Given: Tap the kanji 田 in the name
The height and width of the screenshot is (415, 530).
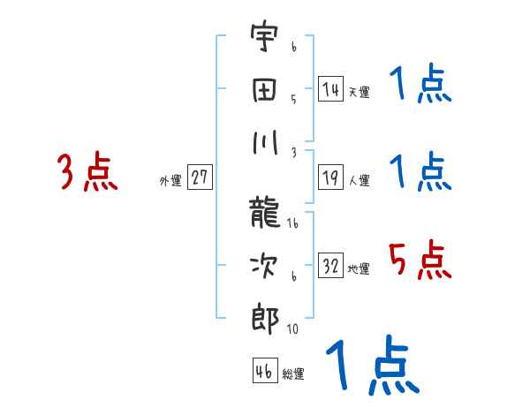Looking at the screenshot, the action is (x=263, y=90).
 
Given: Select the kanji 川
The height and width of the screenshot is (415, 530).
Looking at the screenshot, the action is (x=263, y=141).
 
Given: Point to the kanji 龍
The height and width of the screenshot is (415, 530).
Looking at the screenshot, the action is (x=263, y=213).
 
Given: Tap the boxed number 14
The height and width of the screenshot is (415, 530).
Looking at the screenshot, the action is (x=330, y=89).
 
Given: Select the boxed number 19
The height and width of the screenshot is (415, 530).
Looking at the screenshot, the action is (x=330, y=177).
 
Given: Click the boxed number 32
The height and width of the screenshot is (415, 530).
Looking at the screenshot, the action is (x=330, y=266).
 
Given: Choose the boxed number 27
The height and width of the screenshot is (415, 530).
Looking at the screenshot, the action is (x=200, y=177).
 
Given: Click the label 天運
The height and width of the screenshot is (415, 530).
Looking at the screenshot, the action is (x=359, y=92).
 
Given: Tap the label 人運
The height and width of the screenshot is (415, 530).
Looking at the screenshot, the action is (x=359, y=180).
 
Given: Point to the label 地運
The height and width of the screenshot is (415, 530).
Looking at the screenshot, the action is (x=359, y=268).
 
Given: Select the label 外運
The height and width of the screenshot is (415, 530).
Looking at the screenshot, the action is (x=170, y=180).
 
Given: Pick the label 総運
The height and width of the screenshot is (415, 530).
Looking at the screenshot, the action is (x=293, y=373).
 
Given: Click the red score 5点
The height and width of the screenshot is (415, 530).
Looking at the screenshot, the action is (x=420, y=260).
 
